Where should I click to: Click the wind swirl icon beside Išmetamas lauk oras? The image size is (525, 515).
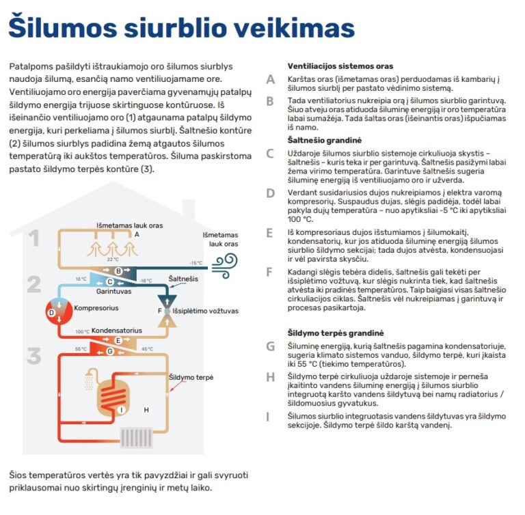[225, 262]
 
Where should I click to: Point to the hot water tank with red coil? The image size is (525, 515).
[118, 396]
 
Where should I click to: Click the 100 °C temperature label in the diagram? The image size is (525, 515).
[82, 332]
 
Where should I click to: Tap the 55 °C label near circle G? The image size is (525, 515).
[81, 349]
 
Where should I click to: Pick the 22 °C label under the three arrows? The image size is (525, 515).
[113, 260]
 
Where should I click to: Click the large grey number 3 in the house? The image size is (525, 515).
[34, 356]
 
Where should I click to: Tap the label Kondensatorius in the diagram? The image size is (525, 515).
[116, 330]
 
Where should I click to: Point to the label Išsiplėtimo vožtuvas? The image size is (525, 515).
[205, 311]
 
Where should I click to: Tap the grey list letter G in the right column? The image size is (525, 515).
[271, 346]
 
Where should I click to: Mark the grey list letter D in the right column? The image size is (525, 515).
[271, 193]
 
